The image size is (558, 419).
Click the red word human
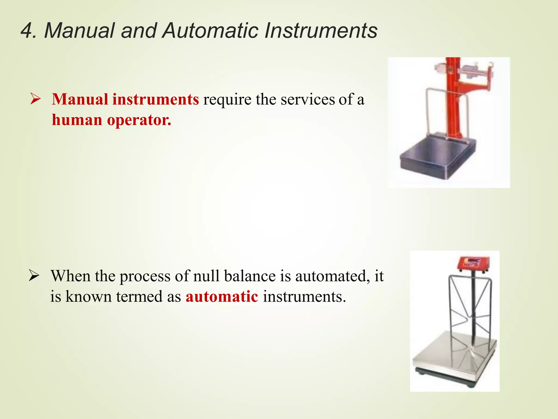77,120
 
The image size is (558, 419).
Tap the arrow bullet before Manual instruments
35,99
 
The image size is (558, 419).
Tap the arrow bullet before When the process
34,276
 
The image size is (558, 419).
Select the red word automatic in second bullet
222,297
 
